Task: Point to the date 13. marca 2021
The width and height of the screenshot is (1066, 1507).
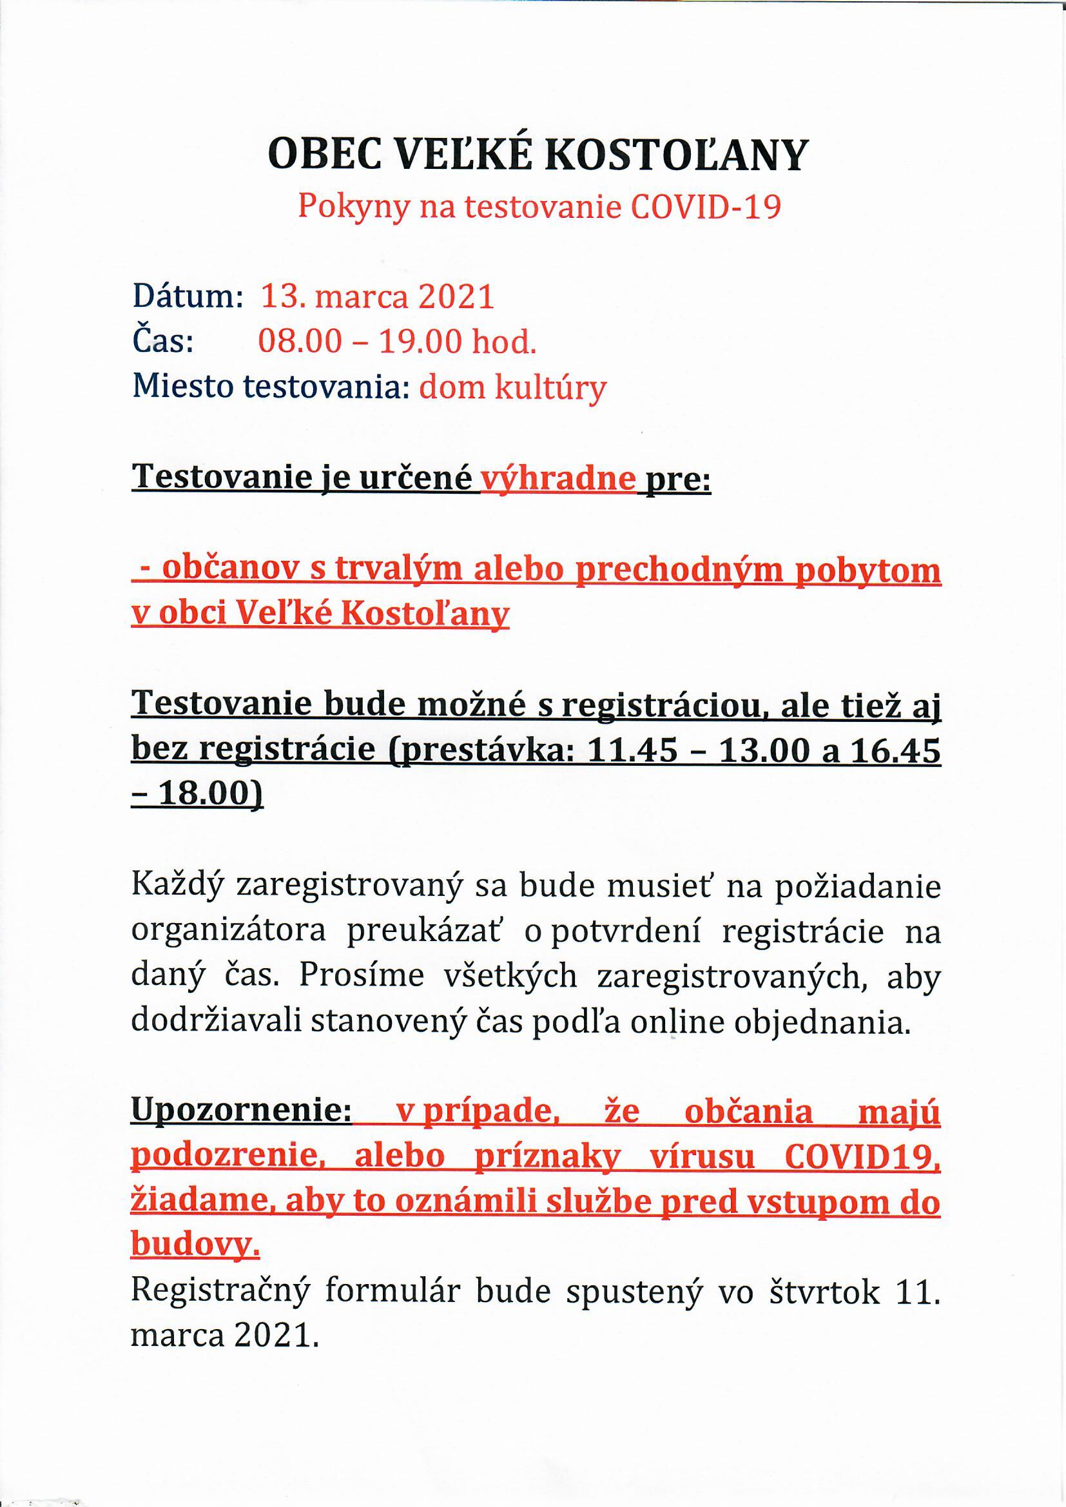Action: click(x=378, y=297)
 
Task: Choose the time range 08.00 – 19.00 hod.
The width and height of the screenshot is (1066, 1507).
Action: click(x=397, y=342)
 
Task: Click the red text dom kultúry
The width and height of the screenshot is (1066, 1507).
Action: click(x=512, y=388)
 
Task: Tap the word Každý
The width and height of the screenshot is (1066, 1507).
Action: click(x=178, y=888)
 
